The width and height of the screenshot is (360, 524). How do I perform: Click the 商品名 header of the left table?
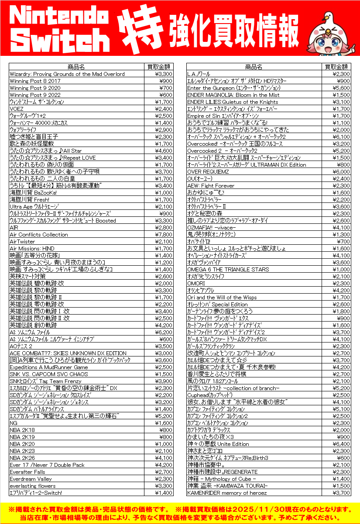76,67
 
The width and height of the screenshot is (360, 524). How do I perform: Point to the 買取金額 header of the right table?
336,67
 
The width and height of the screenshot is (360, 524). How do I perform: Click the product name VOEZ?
17,109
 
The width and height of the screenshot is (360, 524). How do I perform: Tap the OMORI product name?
196,283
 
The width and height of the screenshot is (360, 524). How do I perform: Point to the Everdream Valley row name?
31,479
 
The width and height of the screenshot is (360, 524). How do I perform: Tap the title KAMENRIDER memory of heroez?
227,493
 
